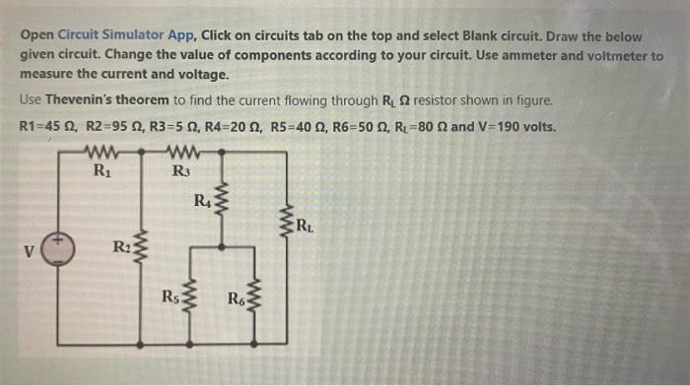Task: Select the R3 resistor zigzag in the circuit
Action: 180,154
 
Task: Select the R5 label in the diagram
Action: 171,296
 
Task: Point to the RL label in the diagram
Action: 308,231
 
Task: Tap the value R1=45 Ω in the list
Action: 46,128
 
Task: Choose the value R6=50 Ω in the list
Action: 354,128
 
